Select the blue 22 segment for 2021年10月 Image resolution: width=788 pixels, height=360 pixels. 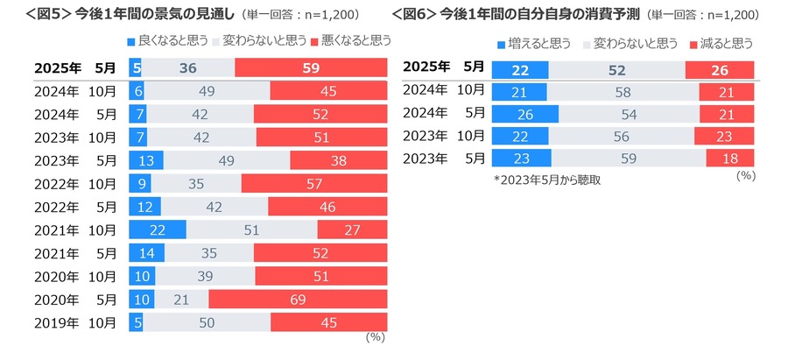(158, 229)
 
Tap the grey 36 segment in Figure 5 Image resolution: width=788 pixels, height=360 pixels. (188, 68)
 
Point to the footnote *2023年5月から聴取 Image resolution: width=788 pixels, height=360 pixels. (547, 179)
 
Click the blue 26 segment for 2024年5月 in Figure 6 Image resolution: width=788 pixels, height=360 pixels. (525, 114)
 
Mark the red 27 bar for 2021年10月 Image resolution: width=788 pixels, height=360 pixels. (352, 229)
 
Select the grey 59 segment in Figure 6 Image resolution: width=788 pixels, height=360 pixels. (629, 158)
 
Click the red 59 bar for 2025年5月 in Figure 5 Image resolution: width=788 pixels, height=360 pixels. (311, 68)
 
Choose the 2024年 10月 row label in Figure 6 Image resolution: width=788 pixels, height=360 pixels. (443, 90)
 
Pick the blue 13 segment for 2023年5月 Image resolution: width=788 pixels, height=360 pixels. (144, 160)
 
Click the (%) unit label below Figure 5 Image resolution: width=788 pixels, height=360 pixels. (375, 337)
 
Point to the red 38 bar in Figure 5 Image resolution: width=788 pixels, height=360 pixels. (338, 160)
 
